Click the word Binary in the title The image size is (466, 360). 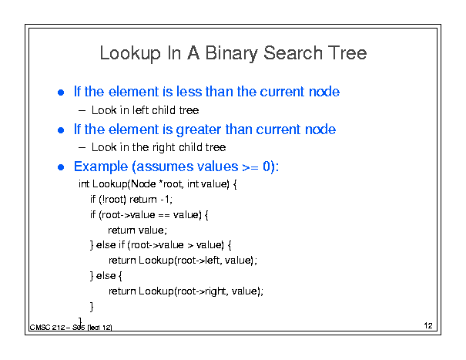(232, 54)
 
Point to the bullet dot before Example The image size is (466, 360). (61, 167)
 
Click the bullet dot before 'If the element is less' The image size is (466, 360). (61, 93)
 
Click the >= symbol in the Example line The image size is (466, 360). (250, 167)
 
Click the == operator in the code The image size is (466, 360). (164, 215)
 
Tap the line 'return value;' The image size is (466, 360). (137, 230)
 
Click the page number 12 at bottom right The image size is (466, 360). (428, 325)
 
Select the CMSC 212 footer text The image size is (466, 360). (47, 328)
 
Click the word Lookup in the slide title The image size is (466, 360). (130, 54)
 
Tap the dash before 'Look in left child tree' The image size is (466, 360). (82, 111)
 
